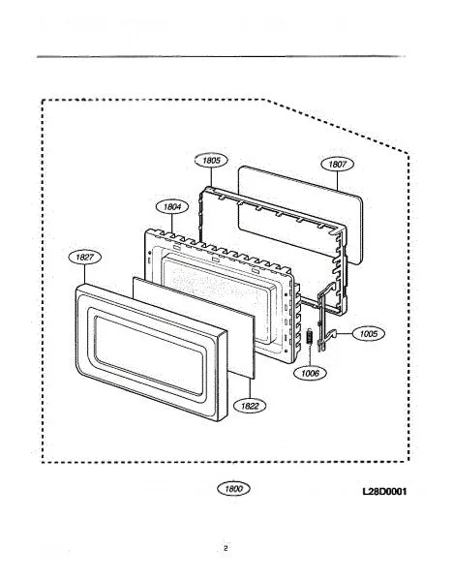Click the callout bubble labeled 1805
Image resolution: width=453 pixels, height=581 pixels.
[x=211, y=160]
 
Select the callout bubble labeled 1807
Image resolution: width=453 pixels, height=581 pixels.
[x=337, y=164]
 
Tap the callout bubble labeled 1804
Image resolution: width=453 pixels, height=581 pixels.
[x=172, y=207]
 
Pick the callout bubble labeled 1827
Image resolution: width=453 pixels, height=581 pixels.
[x=85, y=258]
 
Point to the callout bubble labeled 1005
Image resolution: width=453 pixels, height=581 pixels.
[x=368, y=333]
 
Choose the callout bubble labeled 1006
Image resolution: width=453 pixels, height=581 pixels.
[x=310, y=373]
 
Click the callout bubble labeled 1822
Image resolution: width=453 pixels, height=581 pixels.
[x=250, y=406]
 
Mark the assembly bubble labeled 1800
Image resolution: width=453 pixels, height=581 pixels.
[x=233, y=489]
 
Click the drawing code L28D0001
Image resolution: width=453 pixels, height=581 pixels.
[x=384, y=491]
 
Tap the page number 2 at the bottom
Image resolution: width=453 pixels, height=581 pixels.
[x=226, y=548]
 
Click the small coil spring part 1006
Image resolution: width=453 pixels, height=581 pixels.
[x=310, y=337]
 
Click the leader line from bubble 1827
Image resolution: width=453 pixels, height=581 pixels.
[x=85, y=275]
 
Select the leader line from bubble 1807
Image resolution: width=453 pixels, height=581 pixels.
[x=338, y=181]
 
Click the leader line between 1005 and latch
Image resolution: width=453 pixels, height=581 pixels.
[x=345, y=333]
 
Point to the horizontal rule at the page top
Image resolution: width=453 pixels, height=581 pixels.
[x=221, y=57]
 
